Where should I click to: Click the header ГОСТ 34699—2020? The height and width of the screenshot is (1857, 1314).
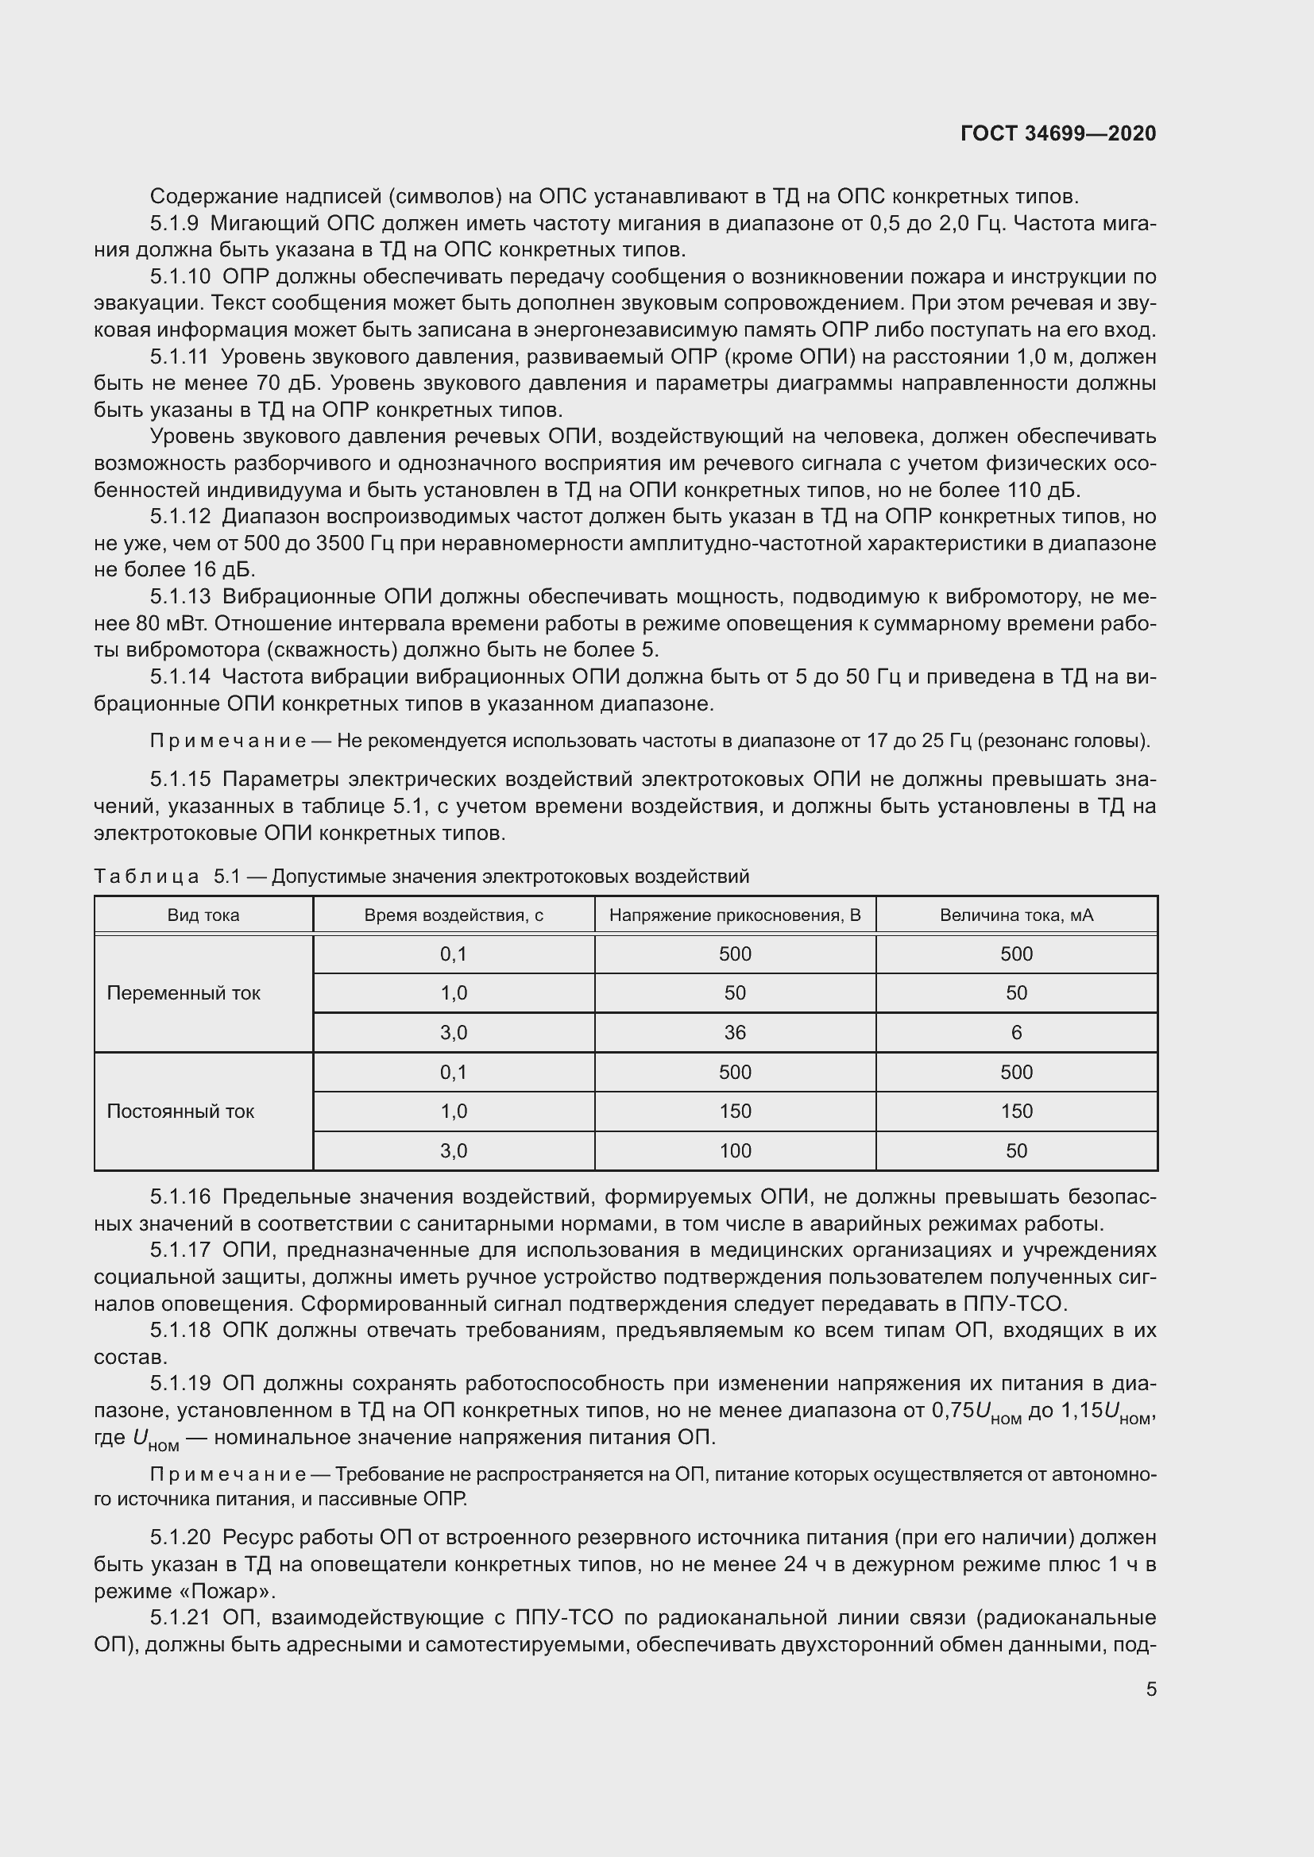(1058, 133)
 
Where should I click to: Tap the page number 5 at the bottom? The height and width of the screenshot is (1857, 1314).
(1151, 1689)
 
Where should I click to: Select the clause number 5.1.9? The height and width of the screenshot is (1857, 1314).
(174, 223)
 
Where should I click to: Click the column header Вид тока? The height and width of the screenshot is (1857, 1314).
(203, 915)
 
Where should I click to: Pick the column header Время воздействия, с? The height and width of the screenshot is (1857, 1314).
(453, 915)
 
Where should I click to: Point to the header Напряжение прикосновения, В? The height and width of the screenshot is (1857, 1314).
(735, 915)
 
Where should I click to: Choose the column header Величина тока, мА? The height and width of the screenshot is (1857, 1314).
(1016, 915)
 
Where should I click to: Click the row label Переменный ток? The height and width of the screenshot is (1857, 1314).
(184, 993)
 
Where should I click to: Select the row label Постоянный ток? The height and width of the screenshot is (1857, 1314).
(180, 1112)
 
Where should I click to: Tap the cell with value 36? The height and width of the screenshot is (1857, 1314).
(735, 1033)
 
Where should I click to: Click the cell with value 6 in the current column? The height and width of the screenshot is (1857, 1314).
(1016, 1033)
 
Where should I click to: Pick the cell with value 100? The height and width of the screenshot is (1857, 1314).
(735, 1151)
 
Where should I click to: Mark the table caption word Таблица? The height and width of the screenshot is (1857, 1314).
(146, 876)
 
